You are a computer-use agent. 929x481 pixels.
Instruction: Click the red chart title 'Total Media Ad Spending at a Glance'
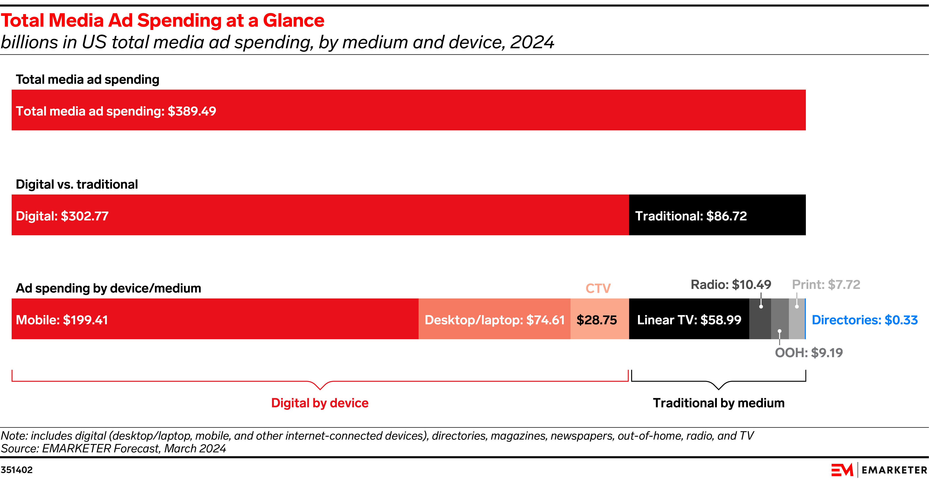(x=162, y=20)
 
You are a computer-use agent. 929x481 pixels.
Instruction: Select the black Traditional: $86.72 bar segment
(x=717, y=215)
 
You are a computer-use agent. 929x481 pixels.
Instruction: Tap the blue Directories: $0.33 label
(x=864, y=320)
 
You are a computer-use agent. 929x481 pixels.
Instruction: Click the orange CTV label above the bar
(x=598, y=288)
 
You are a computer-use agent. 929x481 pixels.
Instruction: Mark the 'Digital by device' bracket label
(x=319, y=403)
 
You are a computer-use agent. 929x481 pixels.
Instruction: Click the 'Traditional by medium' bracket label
(x=718, y=403)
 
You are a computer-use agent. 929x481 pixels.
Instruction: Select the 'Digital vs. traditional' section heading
(x=77, y=184)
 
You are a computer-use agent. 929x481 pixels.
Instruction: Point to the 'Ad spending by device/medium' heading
(x=108, y=288)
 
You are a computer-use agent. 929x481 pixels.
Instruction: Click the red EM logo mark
(x=842, y=470)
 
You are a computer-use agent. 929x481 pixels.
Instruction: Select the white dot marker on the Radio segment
(x=761, y=306)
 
